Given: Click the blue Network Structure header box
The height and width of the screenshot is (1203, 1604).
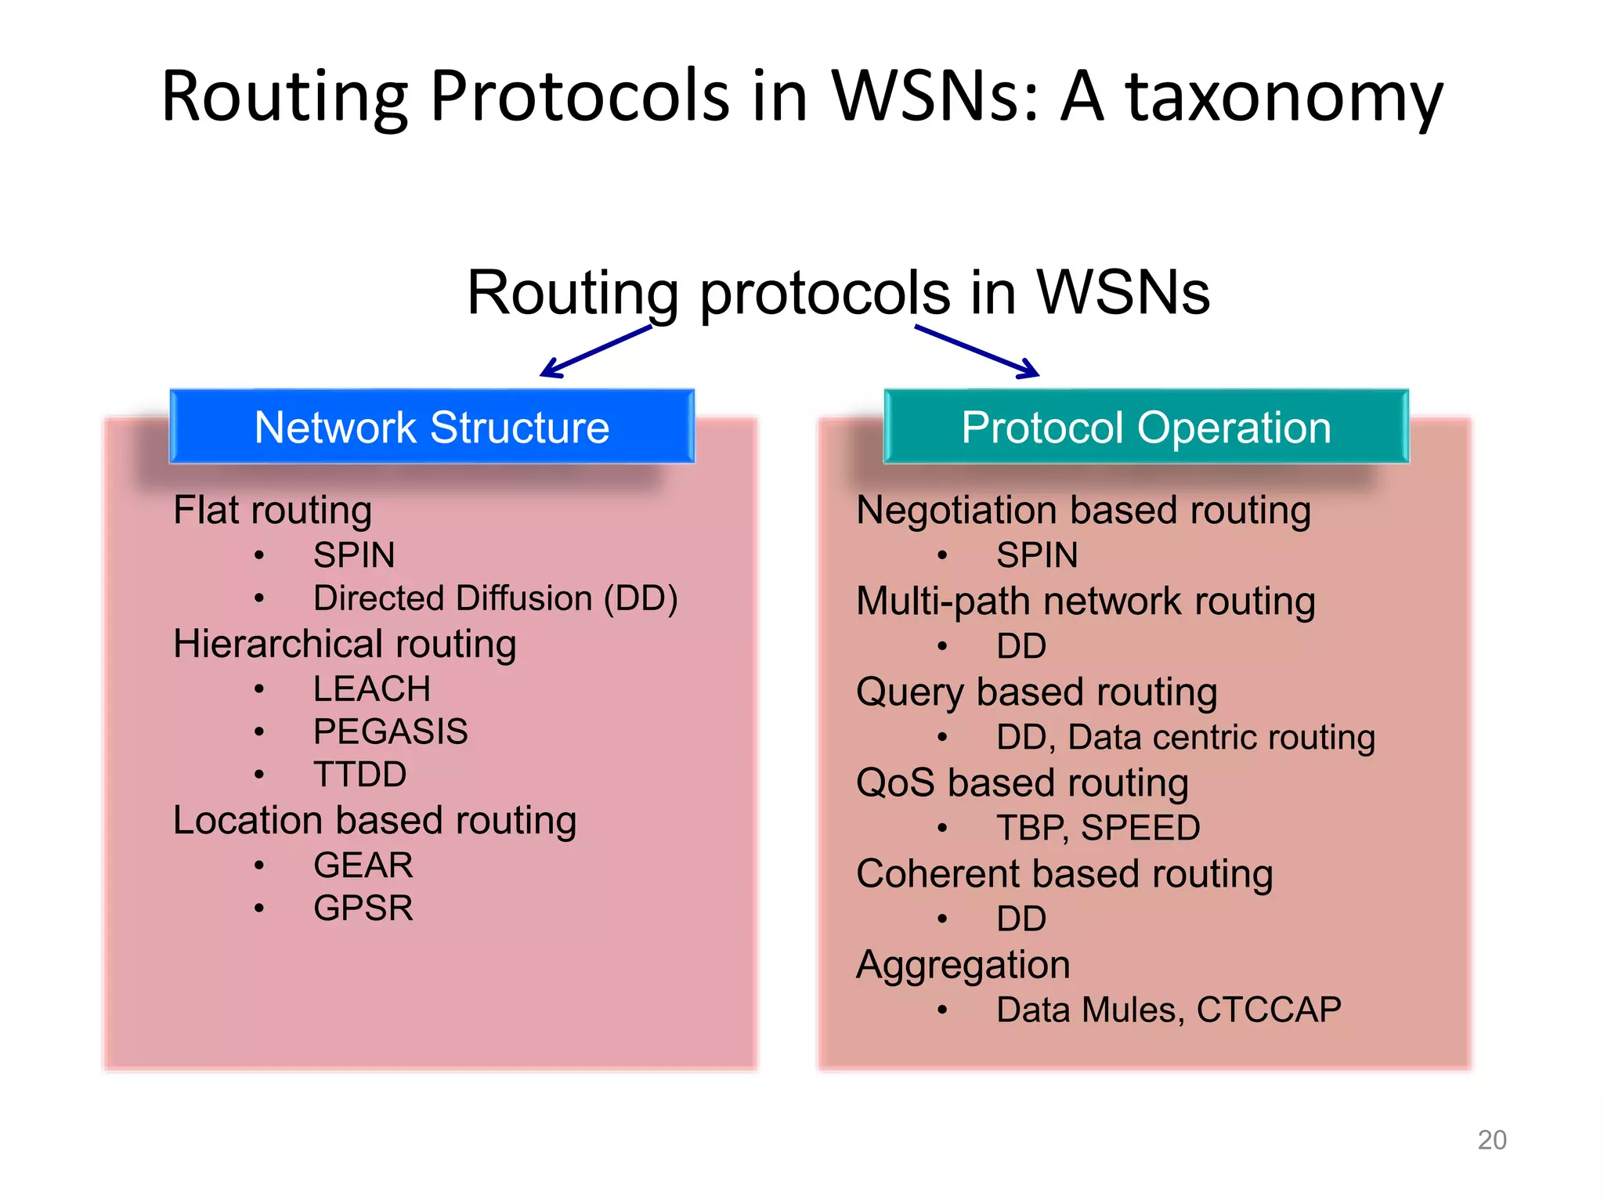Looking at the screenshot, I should click(x=432, y=427).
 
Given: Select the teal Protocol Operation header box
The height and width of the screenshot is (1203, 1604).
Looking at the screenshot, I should click(x=1146, y=427).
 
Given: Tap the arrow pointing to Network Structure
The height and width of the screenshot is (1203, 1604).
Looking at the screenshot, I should click(x=595, y=352).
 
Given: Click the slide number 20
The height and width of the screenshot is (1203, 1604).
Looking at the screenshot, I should click(x=1491, y=1140).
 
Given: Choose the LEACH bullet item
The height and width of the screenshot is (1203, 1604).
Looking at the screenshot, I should click(x=371, y=689).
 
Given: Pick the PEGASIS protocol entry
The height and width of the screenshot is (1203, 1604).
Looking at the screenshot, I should click(x=390, y=732).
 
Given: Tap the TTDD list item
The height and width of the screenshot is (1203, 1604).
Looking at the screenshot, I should click(x=359, y=775).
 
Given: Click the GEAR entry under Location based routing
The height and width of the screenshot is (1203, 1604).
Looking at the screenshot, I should click(x=363, y=865).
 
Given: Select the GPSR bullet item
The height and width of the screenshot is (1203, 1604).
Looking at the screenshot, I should click(x=363, y=909).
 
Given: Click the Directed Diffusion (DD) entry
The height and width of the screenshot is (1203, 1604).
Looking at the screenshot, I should click(x=495, y=598).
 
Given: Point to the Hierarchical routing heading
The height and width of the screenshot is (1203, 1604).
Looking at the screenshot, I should click(x=345, y=644).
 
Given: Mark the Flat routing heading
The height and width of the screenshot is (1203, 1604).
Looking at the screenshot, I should click(x=273, y=510).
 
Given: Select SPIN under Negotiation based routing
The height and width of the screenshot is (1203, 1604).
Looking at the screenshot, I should click(x=1036, y=555).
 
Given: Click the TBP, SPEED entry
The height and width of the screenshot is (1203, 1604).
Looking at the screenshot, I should click(x=1097, y=828).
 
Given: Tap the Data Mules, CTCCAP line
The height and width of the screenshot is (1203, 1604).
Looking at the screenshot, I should click(x=1168, y=1010).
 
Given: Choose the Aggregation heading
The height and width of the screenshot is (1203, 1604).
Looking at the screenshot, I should click(x=963, y=965).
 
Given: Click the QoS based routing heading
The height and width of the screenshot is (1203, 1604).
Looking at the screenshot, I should click(x=1022, y=782).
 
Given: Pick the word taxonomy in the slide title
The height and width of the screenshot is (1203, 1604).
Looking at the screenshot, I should click(x=1284, y=97).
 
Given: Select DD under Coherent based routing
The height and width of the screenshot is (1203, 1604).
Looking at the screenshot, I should click(x=1021, y=919).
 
